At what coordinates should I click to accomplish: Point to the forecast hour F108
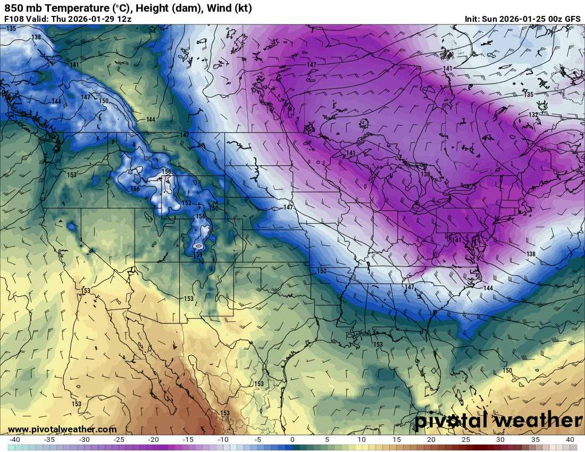pos(13,19)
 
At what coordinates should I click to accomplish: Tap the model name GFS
pos(572,19)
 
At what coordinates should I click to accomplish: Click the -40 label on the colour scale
pos(14,440)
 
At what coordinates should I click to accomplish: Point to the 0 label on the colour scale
pos(292,440)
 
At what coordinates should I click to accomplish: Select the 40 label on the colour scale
pos(570,440)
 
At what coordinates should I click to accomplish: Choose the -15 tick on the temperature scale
pos(188,440)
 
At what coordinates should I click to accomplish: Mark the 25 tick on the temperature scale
pos(466,440)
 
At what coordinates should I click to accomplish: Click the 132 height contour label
pos(533,115)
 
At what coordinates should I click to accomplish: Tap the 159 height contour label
pos(198,255)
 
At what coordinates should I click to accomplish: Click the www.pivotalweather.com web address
pos(62,429)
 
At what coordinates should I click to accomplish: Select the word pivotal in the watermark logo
pos(451,421)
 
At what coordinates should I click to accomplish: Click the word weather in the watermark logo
pos(537,421)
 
